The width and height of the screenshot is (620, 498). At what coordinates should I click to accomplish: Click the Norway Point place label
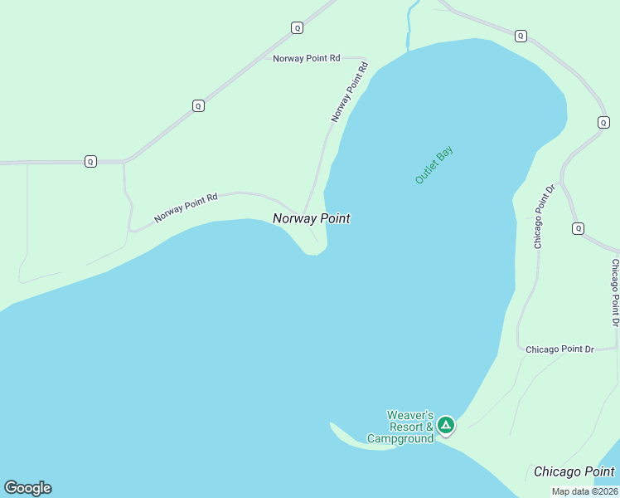pyautogui.click(x=311, y=218)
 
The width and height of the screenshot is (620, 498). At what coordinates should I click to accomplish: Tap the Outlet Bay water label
pyautogui.click(x=434, y=164)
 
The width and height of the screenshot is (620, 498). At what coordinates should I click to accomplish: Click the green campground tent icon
pyautogui.click(x=446, y=426)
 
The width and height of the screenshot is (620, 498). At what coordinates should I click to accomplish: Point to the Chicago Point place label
pyautogui.click(x=574, y=471)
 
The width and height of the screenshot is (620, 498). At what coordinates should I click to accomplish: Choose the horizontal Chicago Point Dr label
pyautogui.click(x=559, y=349)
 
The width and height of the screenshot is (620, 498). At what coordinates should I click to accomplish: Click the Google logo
pyautogui.click(x=27, y=488)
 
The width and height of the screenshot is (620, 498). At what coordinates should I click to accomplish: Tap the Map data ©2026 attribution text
pyautogui.click(x=584, y=491)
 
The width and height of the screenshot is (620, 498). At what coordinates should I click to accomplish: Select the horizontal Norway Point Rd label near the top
pyautogui.click(x=306, y=58)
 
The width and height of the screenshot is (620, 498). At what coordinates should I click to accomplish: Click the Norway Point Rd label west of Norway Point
pyautogui.click(x=185, y=208)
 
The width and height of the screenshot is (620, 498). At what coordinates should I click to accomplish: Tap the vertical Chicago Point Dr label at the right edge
pyautogui.click(x=615, y=291)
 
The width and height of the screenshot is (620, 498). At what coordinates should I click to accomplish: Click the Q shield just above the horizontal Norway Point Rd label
pyautogui.click(x=297, y=27)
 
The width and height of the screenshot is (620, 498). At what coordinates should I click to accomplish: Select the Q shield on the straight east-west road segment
pyautogui.click(x=90, y=161)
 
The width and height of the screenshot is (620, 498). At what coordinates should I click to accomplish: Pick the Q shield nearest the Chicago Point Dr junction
pyautogui.click(x=578, y=228)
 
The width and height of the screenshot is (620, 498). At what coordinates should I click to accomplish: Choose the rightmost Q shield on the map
pyautogui.click(x=603, y=122)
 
